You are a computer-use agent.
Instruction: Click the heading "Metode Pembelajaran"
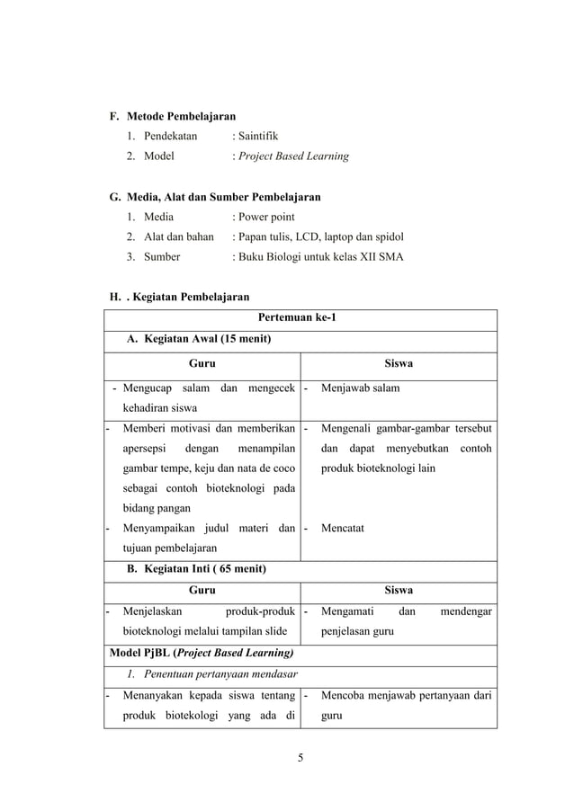(x=181, y=116)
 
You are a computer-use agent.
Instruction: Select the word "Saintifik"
(x=258, y=136)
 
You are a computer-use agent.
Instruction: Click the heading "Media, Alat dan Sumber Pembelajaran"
(x=223, y=196)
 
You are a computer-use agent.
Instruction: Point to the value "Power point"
(x=265, y=217)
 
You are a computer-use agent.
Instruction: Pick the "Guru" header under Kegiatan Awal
(x=201, y=364)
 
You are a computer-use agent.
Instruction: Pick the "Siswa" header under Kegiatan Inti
(x=399, y=590)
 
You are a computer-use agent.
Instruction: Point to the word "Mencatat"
(x=343, y=528)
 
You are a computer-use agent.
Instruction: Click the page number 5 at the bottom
(x=300, y=756)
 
